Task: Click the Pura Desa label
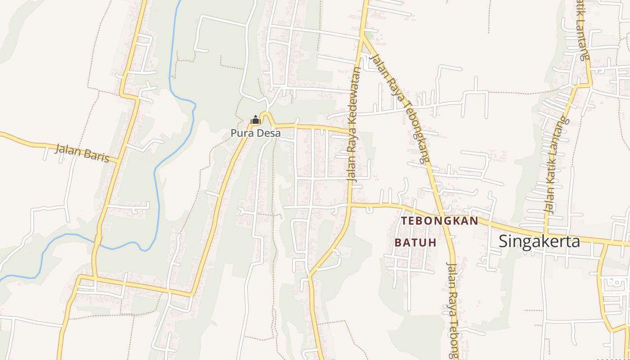click(256, 133)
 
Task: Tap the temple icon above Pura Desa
click(256, 120)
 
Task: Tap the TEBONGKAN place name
click(439, 221)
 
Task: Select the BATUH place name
click(415, 243)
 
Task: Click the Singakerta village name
click(539, 242)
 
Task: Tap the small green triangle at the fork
click(369, 35)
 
